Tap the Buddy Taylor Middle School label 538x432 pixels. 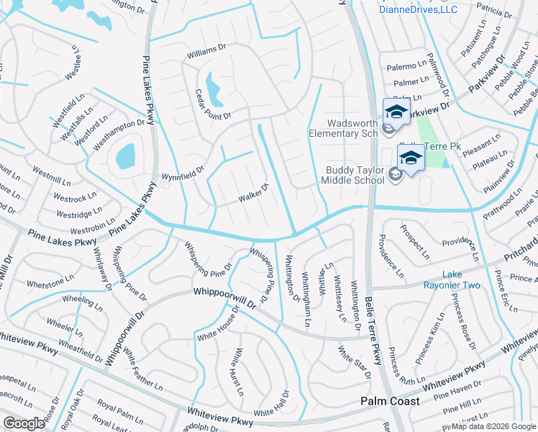350,175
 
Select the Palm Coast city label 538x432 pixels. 390,400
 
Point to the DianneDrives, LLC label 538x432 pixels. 418,9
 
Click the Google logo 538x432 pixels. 24,423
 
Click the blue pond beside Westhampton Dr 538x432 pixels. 125,154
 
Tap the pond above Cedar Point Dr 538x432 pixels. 214,88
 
